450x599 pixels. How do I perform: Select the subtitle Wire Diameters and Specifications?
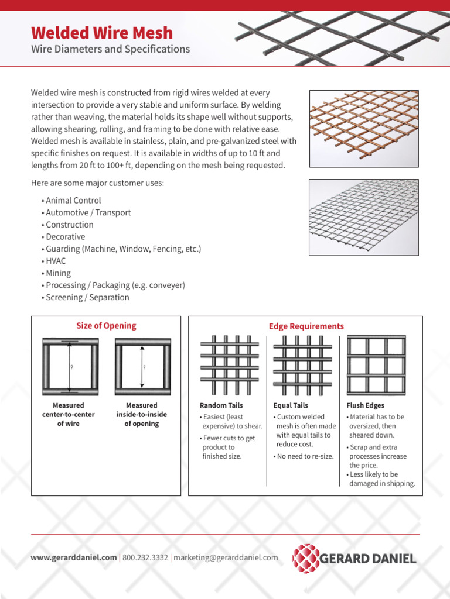click(110, 49)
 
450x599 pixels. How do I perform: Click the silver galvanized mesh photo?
click(364, 216)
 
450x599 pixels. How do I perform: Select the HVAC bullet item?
click(56, 261)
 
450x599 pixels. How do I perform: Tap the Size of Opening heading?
click(106, 326)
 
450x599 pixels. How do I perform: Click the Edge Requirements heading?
click(306, 326)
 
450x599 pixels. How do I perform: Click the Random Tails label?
click(221, 405)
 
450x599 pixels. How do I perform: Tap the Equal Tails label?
click(291, 405)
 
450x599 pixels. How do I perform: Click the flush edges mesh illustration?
click(376, 365)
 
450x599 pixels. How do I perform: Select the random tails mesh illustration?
click(230, 365)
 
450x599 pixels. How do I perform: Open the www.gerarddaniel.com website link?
click(73, 557)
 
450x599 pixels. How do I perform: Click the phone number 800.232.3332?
click(145, 557)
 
